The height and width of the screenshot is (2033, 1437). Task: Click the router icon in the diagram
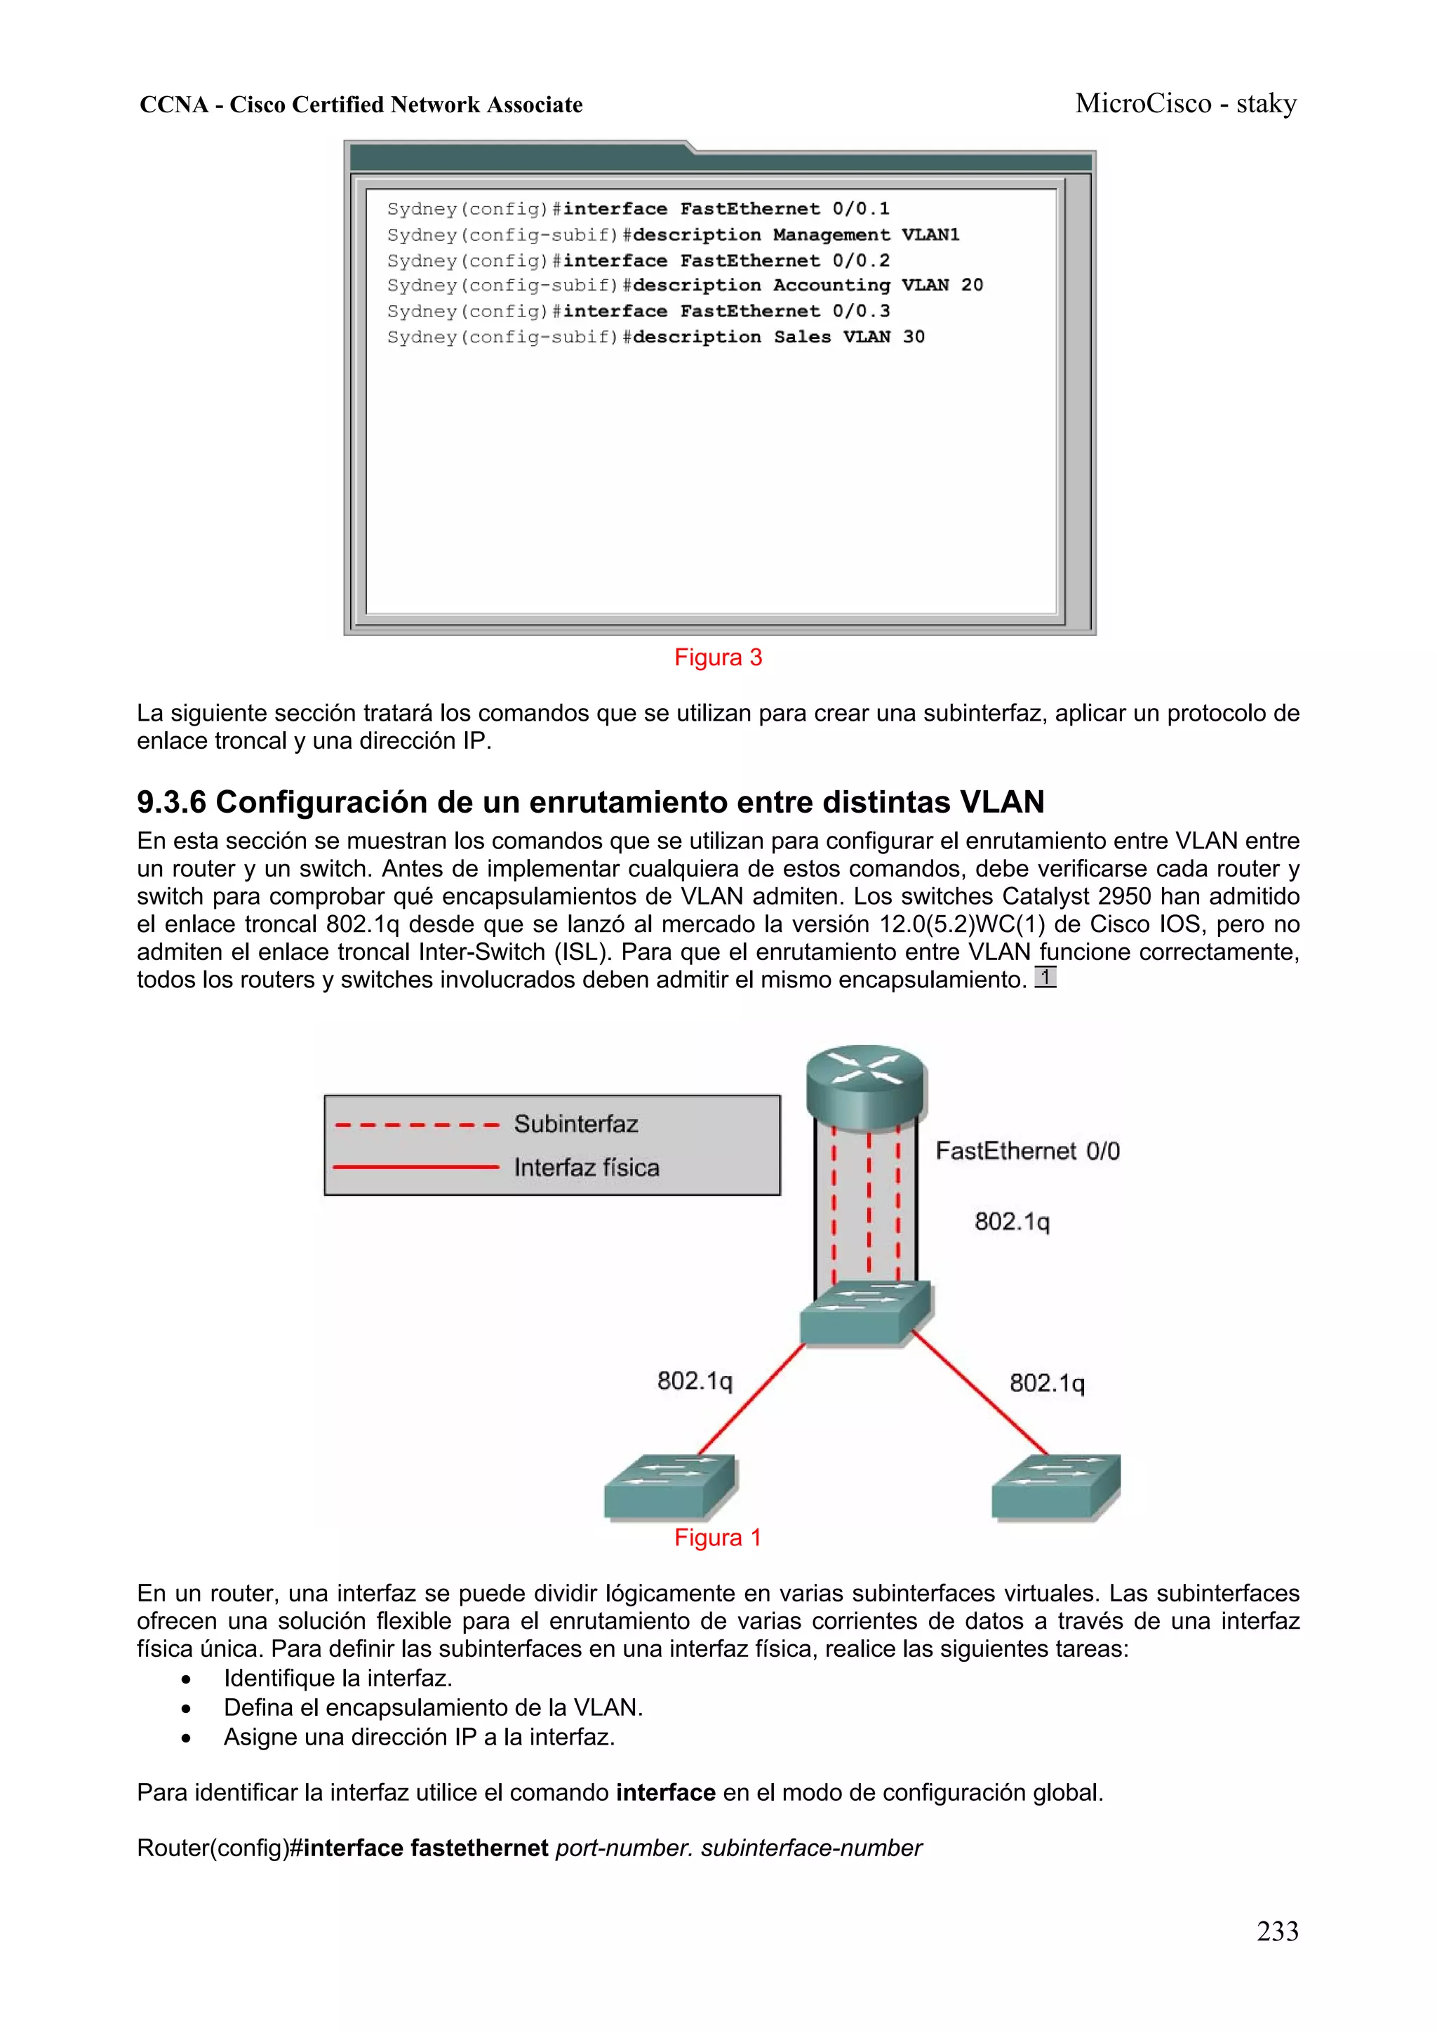(x=865, y=1086)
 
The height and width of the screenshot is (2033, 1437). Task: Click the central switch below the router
(x=865, y=1313)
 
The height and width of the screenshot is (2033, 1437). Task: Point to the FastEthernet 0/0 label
(x=1027, y=1151)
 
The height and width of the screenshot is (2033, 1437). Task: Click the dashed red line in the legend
(x=416, y=1126)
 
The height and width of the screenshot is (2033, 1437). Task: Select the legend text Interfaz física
(x=586, y=1168)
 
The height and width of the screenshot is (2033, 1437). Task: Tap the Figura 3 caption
(x=718, y=658)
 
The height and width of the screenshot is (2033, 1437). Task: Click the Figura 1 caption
(x=718, y=1538)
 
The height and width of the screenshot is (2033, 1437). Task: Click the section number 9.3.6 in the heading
(x=171, y=802)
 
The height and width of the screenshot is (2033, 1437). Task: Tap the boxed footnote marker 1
(x=1045, y=978)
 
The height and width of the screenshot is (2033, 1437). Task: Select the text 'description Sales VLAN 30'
(x=778, y=338)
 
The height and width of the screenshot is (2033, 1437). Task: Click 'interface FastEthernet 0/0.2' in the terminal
(x=726, y=261)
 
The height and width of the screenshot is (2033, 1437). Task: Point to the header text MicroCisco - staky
(x=1186, y=105)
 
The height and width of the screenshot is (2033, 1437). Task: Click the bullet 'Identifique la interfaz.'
(x=337, y=1678)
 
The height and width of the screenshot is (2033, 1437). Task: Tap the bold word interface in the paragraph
(x=665, y=1793)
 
